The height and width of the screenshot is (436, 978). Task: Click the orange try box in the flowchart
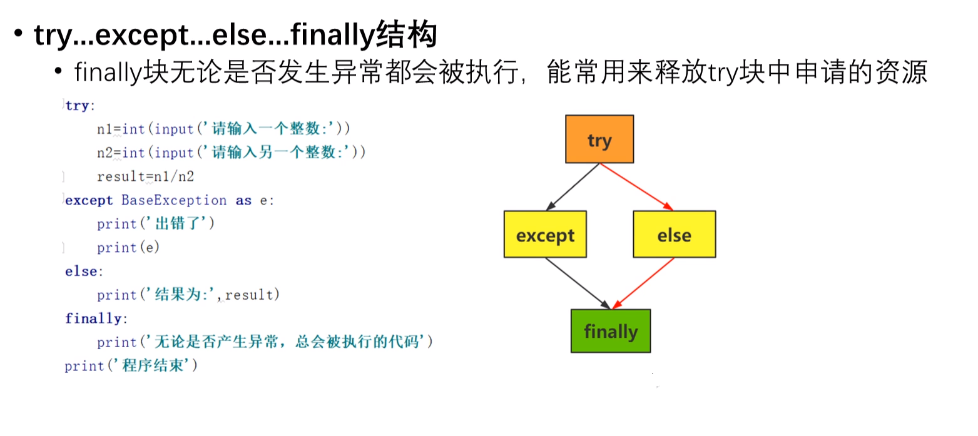point(599,139)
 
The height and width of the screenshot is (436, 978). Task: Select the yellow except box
point(545,235)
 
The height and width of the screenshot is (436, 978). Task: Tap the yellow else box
point(674,235)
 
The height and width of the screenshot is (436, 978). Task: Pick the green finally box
point(610,331)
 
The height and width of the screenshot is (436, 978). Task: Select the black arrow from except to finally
point(577,283)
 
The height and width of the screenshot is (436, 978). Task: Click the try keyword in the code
point(77,105)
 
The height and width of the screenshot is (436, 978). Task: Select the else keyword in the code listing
point(81,271)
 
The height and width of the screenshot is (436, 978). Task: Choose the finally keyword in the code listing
point(93,318)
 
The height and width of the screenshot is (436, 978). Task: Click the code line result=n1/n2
point(145,176)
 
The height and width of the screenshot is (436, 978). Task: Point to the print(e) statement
point(128,248)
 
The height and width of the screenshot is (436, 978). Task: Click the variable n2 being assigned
point(104,153)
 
